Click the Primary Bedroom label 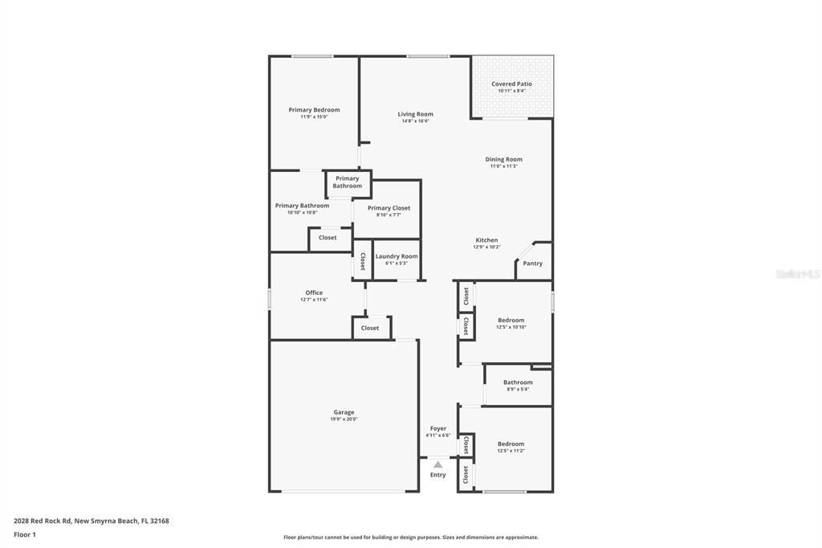click(314, 110)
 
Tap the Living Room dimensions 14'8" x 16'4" click(415, 121)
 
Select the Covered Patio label click(511, 84)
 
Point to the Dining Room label click(503, 159)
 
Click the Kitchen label click(486, 240)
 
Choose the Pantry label click(532, 264)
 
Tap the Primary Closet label click(389, 208)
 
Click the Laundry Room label click(397, 256)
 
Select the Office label click(314, 292)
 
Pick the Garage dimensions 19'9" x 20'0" click(344, 419)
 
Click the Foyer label click(437, 428)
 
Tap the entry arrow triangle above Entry click(437, 464)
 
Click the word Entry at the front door click(437, 475)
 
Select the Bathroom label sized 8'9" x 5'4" click(518, 382)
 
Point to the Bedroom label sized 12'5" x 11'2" click(511, 444)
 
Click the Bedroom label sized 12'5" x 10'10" click(511, 320)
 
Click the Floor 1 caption click(25, 534)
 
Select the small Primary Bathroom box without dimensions click(348, 182)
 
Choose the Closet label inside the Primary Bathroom click(328, 238)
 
